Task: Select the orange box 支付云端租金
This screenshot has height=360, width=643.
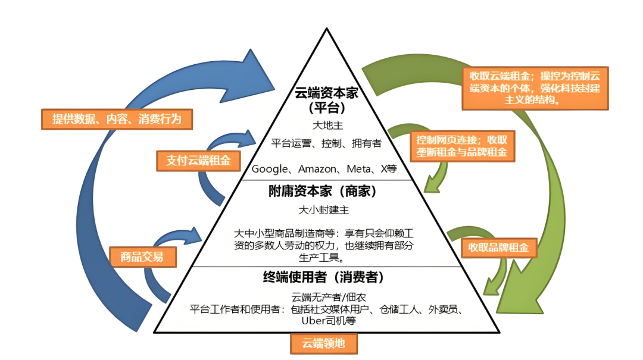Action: [x=195, y=161]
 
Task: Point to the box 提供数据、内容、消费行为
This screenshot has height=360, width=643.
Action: [x=119, y=119]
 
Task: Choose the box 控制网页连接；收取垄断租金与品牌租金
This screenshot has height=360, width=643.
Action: [x=463, y=146]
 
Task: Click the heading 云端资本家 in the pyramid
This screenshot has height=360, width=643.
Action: [x=325, y=93]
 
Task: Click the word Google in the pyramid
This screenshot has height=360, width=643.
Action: [x=270, y=169]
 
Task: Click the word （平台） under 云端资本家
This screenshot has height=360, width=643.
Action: [x=326, y=109]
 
